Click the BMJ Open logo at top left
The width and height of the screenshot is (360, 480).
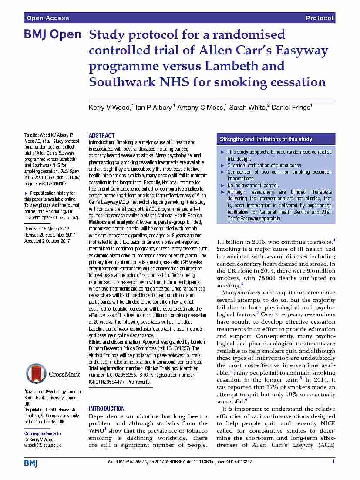tap(52, 35)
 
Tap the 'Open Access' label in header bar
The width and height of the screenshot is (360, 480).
tap(48, 18)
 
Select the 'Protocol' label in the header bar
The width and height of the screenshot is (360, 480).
tap(320, 18)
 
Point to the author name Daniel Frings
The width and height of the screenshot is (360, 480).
tap(290, 108)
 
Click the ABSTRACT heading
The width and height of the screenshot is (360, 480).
tap(101, 135)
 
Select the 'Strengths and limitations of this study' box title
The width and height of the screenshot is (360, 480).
tap(266, 139)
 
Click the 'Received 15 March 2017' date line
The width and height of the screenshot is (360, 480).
tap(47, 229)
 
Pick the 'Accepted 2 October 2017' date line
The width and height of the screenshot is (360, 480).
tap(47, 241)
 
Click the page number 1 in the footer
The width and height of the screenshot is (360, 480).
tap(333, 462)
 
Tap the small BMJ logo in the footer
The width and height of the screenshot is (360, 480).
tap(31, 462)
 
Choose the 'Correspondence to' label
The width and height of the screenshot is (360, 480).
tap(42, 433)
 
